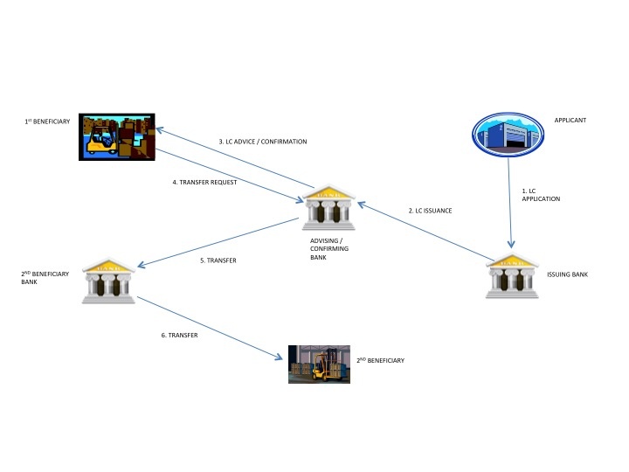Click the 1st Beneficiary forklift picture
pyautogui.click(x=116, y=136)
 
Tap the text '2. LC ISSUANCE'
pyautogui.click(x=431, y=211)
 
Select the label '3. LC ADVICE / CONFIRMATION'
pyautogui.click(x=262, y=142)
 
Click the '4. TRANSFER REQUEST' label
pyautogui.click(x=205, y=183)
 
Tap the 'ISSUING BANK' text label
pyautogui.click(x=567, y=274)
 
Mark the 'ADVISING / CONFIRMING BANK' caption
pyautogui.click(x=329, y=247)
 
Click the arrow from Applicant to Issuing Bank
pyautogui.click(x=513, y=200)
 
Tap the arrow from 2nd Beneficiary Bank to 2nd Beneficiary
pyautogui.click(x=211, y=327)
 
